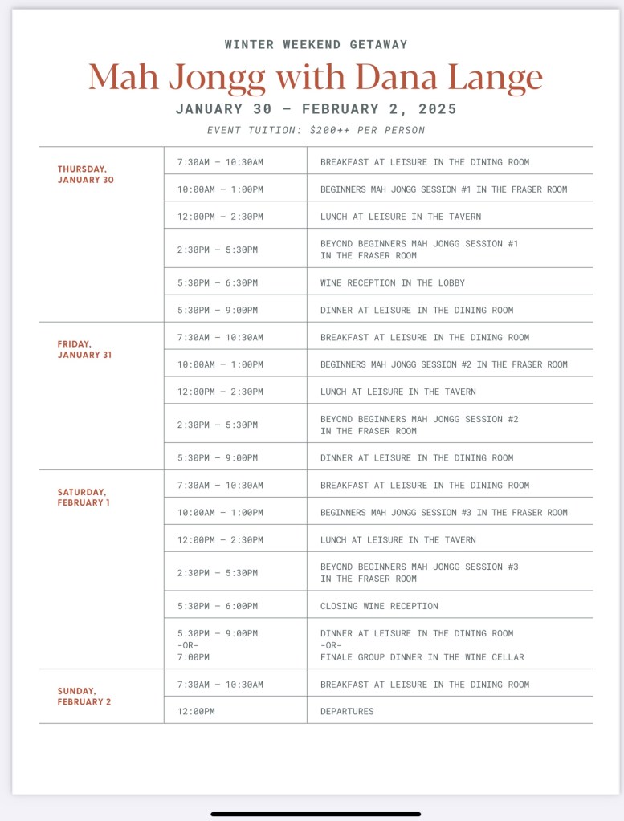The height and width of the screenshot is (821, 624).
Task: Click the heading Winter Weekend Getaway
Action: click(316, 45)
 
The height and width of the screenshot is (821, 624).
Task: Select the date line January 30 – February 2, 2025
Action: click(316, 109)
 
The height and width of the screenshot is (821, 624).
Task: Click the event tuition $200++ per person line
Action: click(316, 130)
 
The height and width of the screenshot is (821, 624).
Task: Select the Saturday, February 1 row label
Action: click(84, 497)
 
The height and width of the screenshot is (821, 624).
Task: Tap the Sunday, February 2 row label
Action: click(84, 696)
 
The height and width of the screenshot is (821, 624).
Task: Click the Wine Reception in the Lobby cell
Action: click(392, 282)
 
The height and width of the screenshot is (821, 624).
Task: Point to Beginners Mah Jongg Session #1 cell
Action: click(443, 189)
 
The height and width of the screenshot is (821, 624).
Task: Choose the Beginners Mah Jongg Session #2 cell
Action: click(443, 364)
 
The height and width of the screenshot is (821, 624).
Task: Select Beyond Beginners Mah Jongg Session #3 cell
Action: click(418, 572)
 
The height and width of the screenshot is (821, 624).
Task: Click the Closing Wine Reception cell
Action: click(379, 606)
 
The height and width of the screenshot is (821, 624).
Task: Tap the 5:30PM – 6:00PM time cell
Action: click(218, 606)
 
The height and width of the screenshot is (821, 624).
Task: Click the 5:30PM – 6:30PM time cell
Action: click(218, 282)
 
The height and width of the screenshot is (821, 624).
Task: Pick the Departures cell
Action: click(347, 711)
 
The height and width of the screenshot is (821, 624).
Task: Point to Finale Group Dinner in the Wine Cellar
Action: click(422, 657)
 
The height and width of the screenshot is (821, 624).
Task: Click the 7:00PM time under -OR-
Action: click(194, 657)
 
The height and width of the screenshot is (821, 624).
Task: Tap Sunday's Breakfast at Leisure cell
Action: click(424, 685)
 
